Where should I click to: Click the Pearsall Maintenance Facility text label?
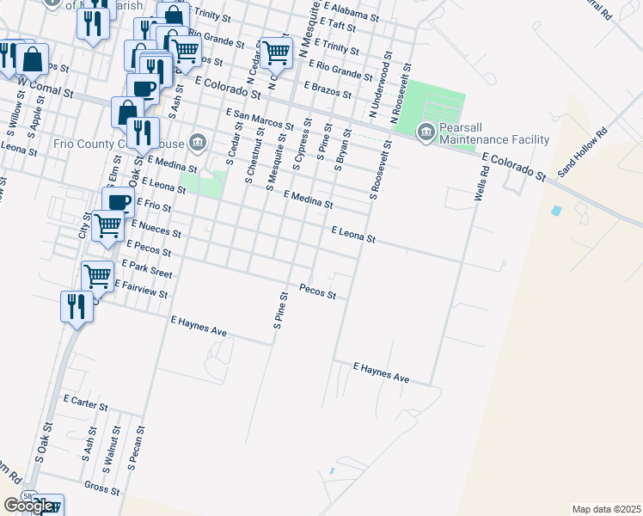pyautogui.click(x=494, y=132)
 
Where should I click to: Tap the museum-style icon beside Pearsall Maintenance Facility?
pyautogui.click(x=425, y=132)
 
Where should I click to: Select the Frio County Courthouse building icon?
pyautogui.click(x=197, y=141)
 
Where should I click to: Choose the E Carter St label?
pyautogui.click(x=86, y=402)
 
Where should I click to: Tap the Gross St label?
pyautogui.click(x=101, y=486)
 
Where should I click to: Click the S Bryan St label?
pyautogui.click(x=342, y=150)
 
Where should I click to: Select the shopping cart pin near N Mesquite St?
pyautogui.click(x=276, y=53)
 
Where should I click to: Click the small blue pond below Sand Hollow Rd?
pyautogui.click(x=556, y=211)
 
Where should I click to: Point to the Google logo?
pyautogui.click(x=28, y=507)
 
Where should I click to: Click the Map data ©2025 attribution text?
pyautogui.click(x=606, y=509)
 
